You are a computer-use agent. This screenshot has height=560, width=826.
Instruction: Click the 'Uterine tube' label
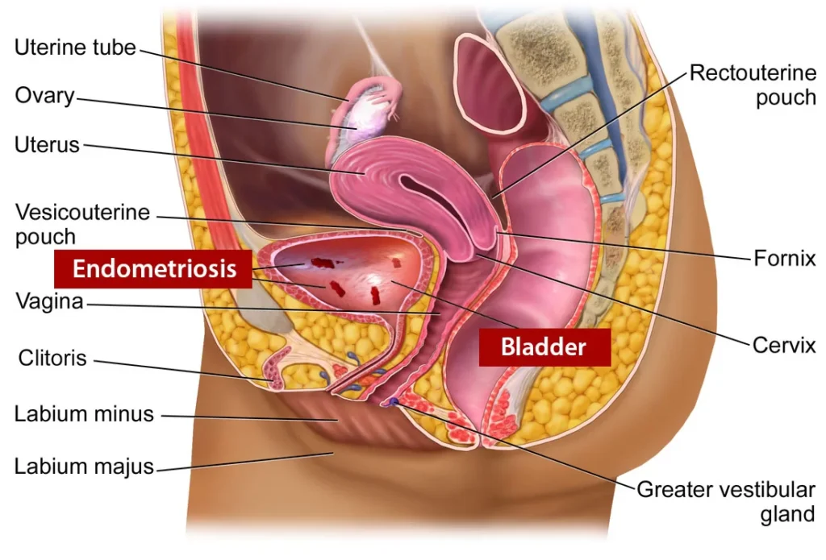76,48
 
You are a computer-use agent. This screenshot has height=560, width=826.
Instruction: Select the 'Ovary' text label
44,96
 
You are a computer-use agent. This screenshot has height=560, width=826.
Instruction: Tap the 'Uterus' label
47,145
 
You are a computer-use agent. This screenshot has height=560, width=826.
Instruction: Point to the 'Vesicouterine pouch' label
82,225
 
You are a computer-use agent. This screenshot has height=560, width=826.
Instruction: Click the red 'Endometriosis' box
154,268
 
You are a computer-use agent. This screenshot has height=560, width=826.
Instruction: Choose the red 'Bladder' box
544,347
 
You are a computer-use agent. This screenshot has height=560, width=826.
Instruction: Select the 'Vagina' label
48,303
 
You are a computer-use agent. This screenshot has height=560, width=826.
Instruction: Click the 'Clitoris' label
52,358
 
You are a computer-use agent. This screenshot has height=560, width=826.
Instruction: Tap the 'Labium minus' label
84,414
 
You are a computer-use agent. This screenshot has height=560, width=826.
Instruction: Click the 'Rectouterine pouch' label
753,85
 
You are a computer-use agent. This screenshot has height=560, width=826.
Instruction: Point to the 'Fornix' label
785,259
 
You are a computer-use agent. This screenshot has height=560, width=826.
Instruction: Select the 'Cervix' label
784,346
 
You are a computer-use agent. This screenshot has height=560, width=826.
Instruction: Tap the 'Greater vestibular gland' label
726,501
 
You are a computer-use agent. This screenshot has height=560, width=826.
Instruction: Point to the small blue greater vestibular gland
393,401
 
